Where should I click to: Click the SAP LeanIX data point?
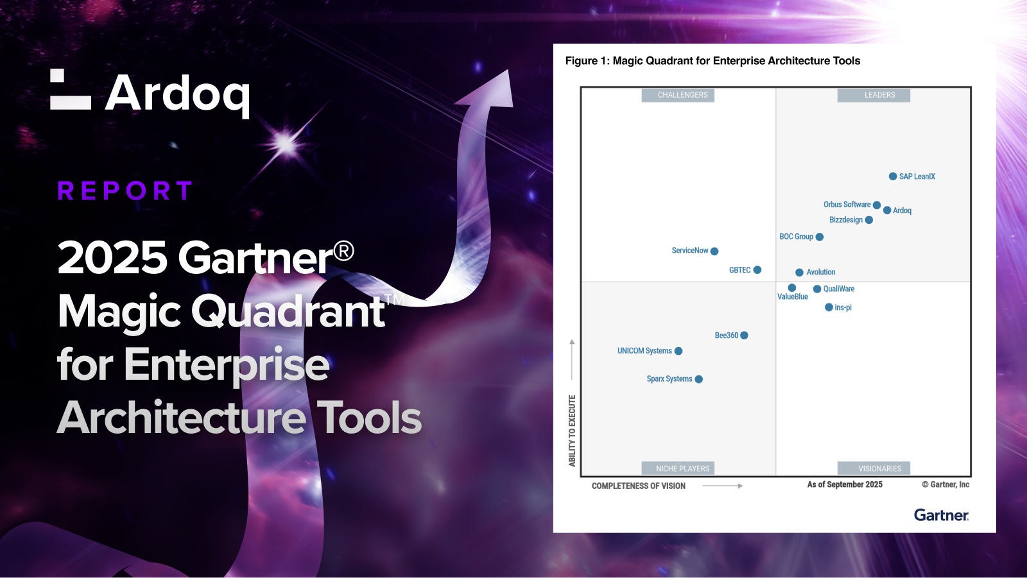893,176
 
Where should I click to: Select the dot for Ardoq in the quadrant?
887,210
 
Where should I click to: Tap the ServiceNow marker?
714,251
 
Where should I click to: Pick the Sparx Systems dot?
699,379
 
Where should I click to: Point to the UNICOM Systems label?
644,351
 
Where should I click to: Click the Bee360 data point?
744,336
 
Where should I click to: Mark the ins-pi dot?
829,307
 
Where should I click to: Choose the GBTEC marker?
757,270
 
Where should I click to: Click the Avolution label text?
821,272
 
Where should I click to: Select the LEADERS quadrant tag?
874,95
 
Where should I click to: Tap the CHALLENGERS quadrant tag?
678,95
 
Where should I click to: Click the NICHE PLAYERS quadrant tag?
678,468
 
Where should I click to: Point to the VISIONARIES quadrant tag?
874,468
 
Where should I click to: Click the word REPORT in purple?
125,191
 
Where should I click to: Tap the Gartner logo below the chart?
941,515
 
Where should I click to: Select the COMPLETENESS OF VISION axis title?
639,486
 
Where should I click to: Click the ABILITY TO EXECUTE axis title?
572,431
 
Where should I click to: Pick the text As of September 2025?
845,484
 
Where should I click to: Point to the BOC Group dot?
819,237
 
